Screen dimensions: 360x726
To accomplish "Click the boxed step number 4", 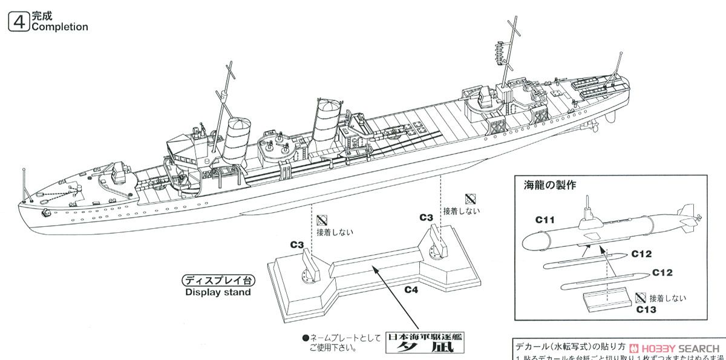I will tap(20, 22).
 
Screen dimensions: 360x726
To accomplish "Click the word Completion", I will tap(59, 27).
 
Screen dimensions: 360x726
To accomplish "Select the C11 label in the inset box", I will tap(545, 220).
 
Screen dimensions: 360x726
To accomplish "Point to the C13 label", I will tap(648, 308).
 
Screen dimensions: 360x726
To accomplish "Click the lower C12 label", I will tap(662, 273).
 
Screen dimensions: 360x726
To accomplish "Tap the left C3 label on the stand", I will tap(297, 244).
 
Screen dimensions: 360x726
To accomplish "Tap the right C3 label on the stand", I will tap(426, 217).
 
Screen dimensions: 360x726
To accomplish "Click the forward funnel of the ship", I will tap(237, 139).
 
